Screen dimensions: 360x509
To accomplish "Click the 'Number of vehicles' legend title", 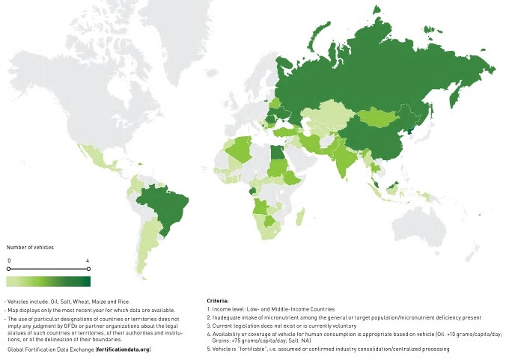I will [x=30, y=247].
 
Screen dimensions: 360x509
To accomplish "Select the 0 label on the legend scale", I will [x=8, y=260].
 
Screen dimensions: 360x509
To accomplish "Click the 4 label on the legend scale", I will [x=88, y=260].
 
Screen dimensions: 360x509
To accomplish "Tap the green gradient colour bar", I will [x=48, y=281].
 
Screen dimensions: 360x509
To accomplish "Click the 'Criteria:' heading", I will [x=218, y=300].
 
